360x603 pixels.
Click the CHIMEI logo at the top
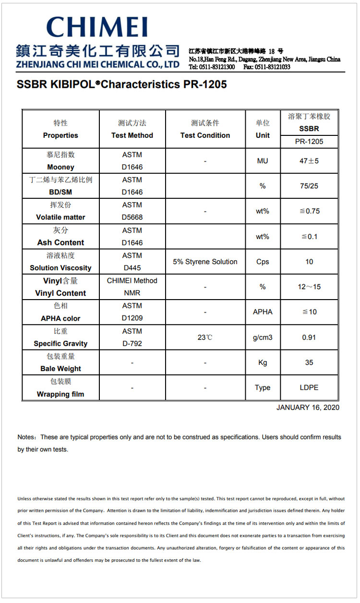97,28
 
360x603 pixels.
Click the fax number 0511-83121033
272,67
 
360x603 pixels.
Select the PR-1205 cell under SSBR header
309,141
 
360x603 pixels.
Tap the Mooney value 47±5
309,161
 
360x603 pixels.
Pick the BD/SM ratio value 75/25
309,186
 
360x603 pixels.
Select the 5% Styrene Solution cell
205,262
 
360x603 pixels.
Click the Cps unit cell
263,262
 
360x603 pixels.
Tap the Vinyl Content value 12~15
309,287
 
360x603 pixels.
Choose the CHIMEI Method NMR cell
132,287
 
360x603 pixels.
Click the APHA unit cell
263,312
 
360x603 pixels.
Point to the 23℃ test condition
205,338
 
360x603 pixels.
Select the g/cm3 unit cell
263,338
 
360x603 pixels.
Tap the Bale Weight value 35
309,362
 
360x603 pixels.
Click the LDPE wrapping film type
309,387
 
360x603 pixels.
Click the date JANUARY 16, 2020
308,408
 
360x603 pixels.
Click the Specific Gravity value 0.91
309,338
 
